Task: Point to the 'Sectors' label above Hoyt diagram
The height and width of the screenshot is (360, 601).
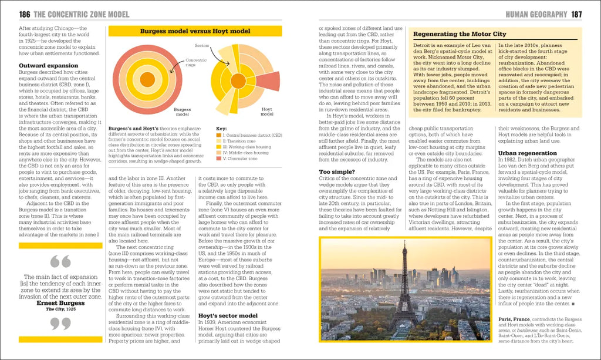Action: (x=202, y=45)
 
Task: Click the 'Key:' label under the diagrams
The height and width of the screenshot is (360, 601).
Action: (x=221, y=128)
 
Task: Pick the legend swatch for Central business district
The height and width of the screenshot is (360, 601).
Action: (x=219, y=136)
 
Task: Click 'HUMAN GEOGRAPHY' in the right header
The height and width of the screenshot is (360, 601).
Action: (x=536, y=14)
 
